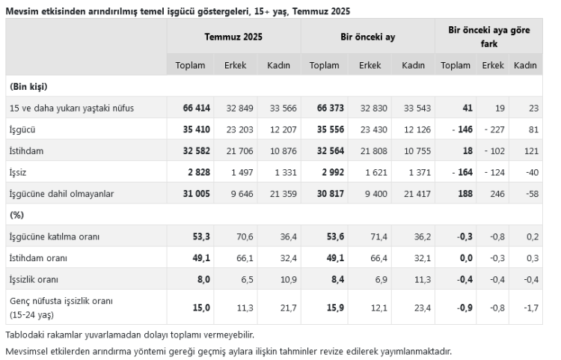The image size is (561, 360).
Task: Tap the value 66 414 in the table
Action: point(197,108)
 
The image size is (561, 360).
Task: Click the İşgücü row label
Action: point(25,129)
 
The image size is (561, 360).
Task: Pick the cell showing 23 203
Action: point(239,129)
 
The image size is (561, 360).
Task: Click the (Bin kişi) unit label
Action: point(29,87)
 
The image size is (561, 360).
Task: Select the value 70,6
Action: point(244,237)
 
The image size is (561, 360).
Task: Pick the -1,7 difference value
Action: point(530,306)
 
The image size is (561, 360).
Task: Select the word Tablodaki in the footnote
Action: point(25,334)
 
